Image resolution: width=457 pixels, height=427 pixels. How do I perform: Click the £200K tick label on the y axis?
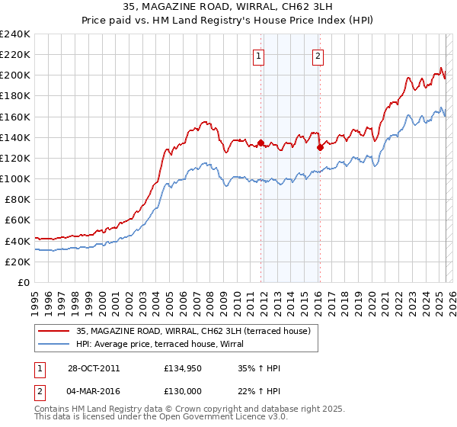(14, 75)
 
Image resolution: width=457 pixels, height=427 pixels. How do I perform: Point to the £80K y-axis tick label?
(17, 199)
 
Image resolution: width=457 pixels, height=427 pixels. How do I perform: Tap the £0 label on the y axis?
(24, 282)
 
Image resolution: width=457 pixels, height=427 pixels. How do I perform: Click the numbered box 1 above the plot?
(259, 55)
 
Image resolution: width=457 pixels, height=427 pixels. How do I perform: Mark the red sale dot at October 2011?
(260, 143)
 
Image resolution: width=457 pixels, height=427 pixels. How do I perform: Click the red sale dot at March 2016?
(320, 148)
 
